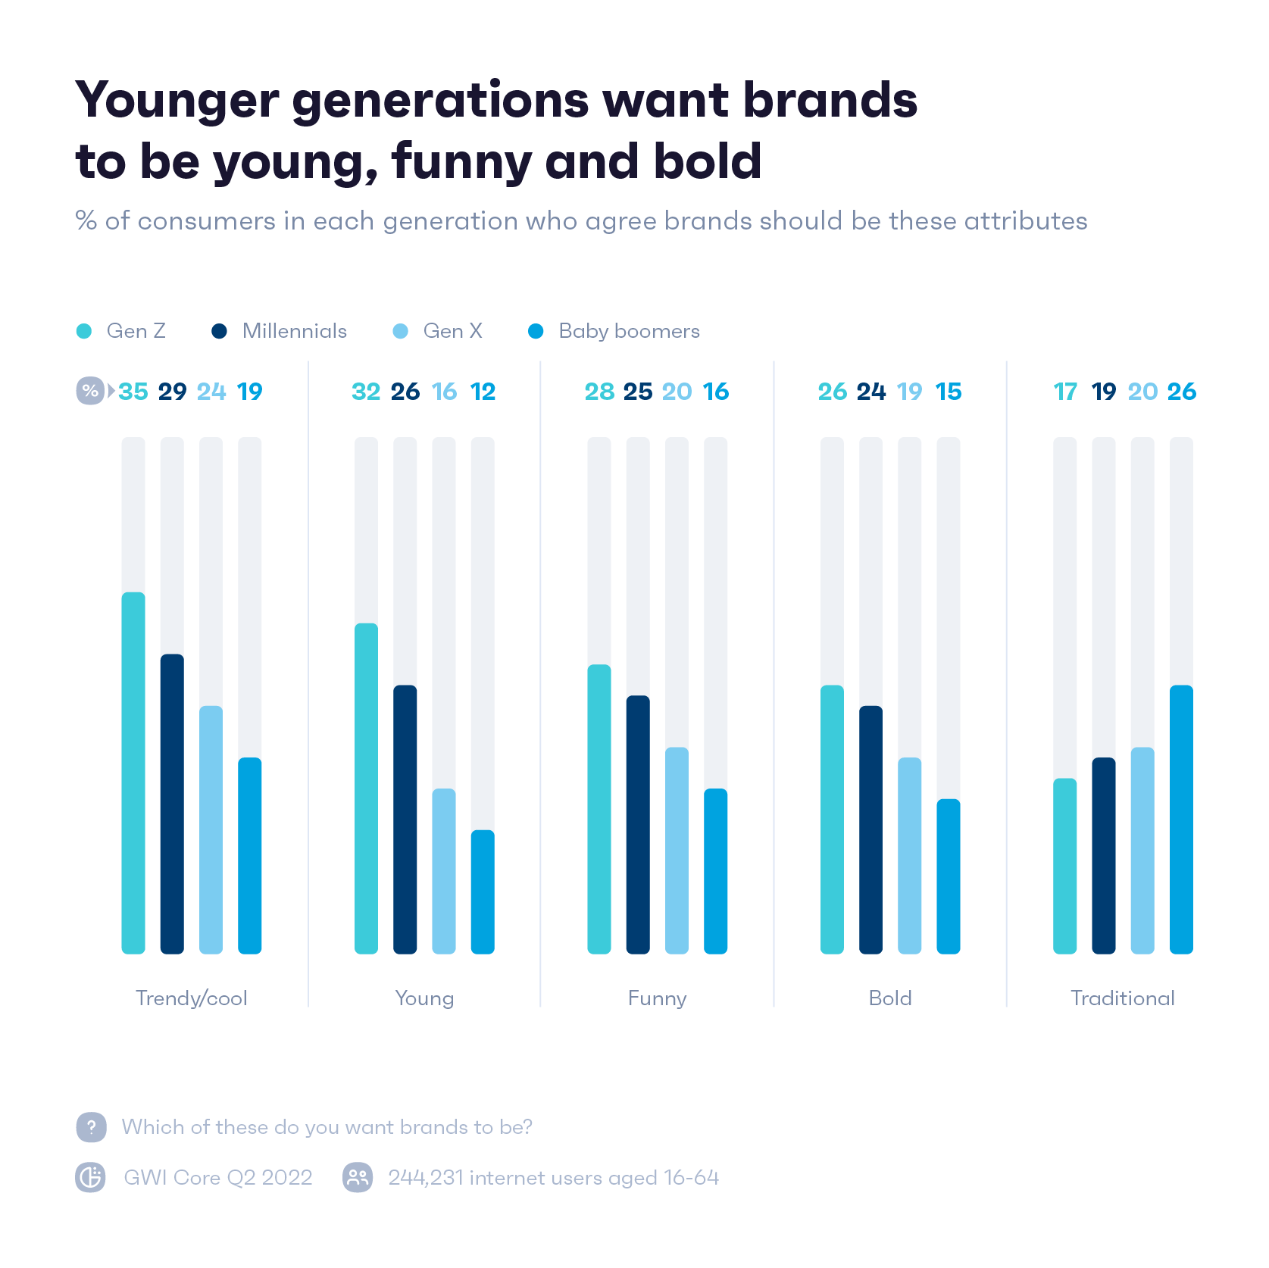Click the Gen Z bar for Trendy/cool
point(133,773)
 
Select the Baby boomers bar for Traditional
point(1181,819)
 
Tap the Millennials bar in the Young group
point(405,819)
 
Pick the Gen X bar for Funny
point(677,850)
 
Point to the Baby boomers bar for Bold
point(948,876)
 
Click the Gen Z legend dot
point(84,331)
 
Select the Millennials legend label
point(294,331)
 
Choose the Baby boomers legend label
point(629,331)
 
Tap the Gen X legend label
point(452,331)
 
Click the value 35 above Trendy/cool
point(133,392)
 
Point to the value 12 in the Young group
point(483,392)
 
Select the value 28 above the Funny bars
point(599,392)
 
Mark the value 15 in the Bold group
point(948,392)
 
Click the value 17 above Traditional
point(1065,392)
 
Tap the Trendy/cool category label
point(192,998)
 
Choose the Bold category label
point(890,998)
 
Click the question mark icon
point(91,1127)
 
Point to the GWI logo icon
point(91,1177)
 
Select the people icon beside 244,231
point(358,1177)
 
